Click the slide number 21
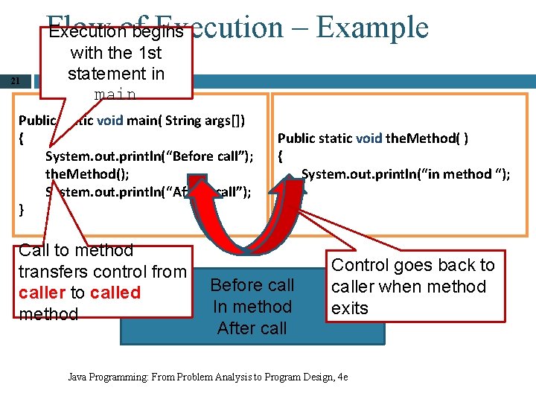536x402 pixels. [15, 82]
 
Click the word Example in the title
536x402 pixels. [372, 28]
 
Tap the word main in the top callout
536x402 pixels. [115, 95]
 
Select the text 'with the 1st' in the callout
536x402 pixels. [115, 54]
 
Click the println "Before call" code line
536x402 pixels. [149, 156]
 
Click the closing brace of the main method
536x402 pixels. [22, 210]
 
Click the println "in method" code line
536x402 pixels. [406, 174]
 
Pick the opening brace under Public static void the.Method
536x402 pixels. [281, 156]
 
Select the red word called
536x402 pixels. [115, 293]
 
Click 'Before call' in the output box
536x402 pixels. [252, 285]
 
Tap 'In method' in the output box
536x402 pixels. [252, 307]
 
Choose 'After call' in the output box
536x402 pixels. [252, 328]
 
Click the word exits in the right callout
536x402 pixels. [350, 308]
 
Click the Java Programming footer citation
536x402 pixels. [208, 377]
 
